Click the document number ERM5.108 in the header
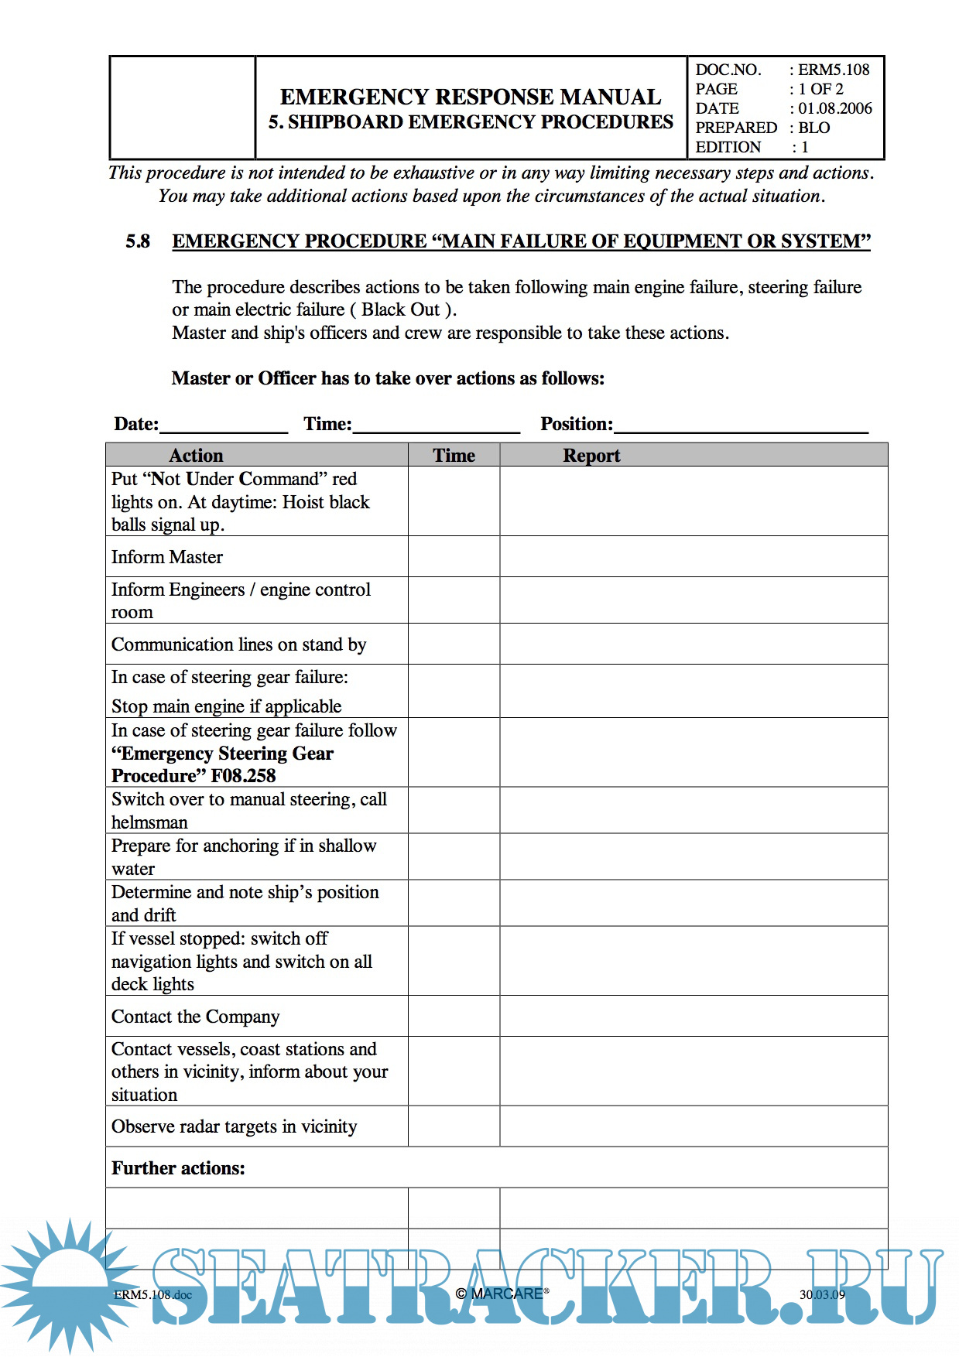tap(834, 70)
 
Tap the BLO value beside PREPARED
tap(814, 128)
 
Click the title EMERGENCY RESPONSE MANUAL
tap(471, 97)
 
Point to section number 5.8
tap(138, 241)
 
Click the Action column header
tap(196, 455)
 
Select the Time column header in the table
tap(454, 455)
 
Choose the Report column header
tap(591, 455)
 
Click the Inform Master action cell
tap(167, 557)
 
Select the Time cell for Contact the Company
tap(454, 1016)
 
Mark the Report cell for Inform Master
tap(693, 556)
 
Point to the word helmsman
tap(149, 822)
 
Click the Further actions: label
tap(178, 1168)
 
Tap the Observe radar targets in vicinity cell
tap(234, 1126)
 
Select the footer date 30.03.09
tap(822, 1294)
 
